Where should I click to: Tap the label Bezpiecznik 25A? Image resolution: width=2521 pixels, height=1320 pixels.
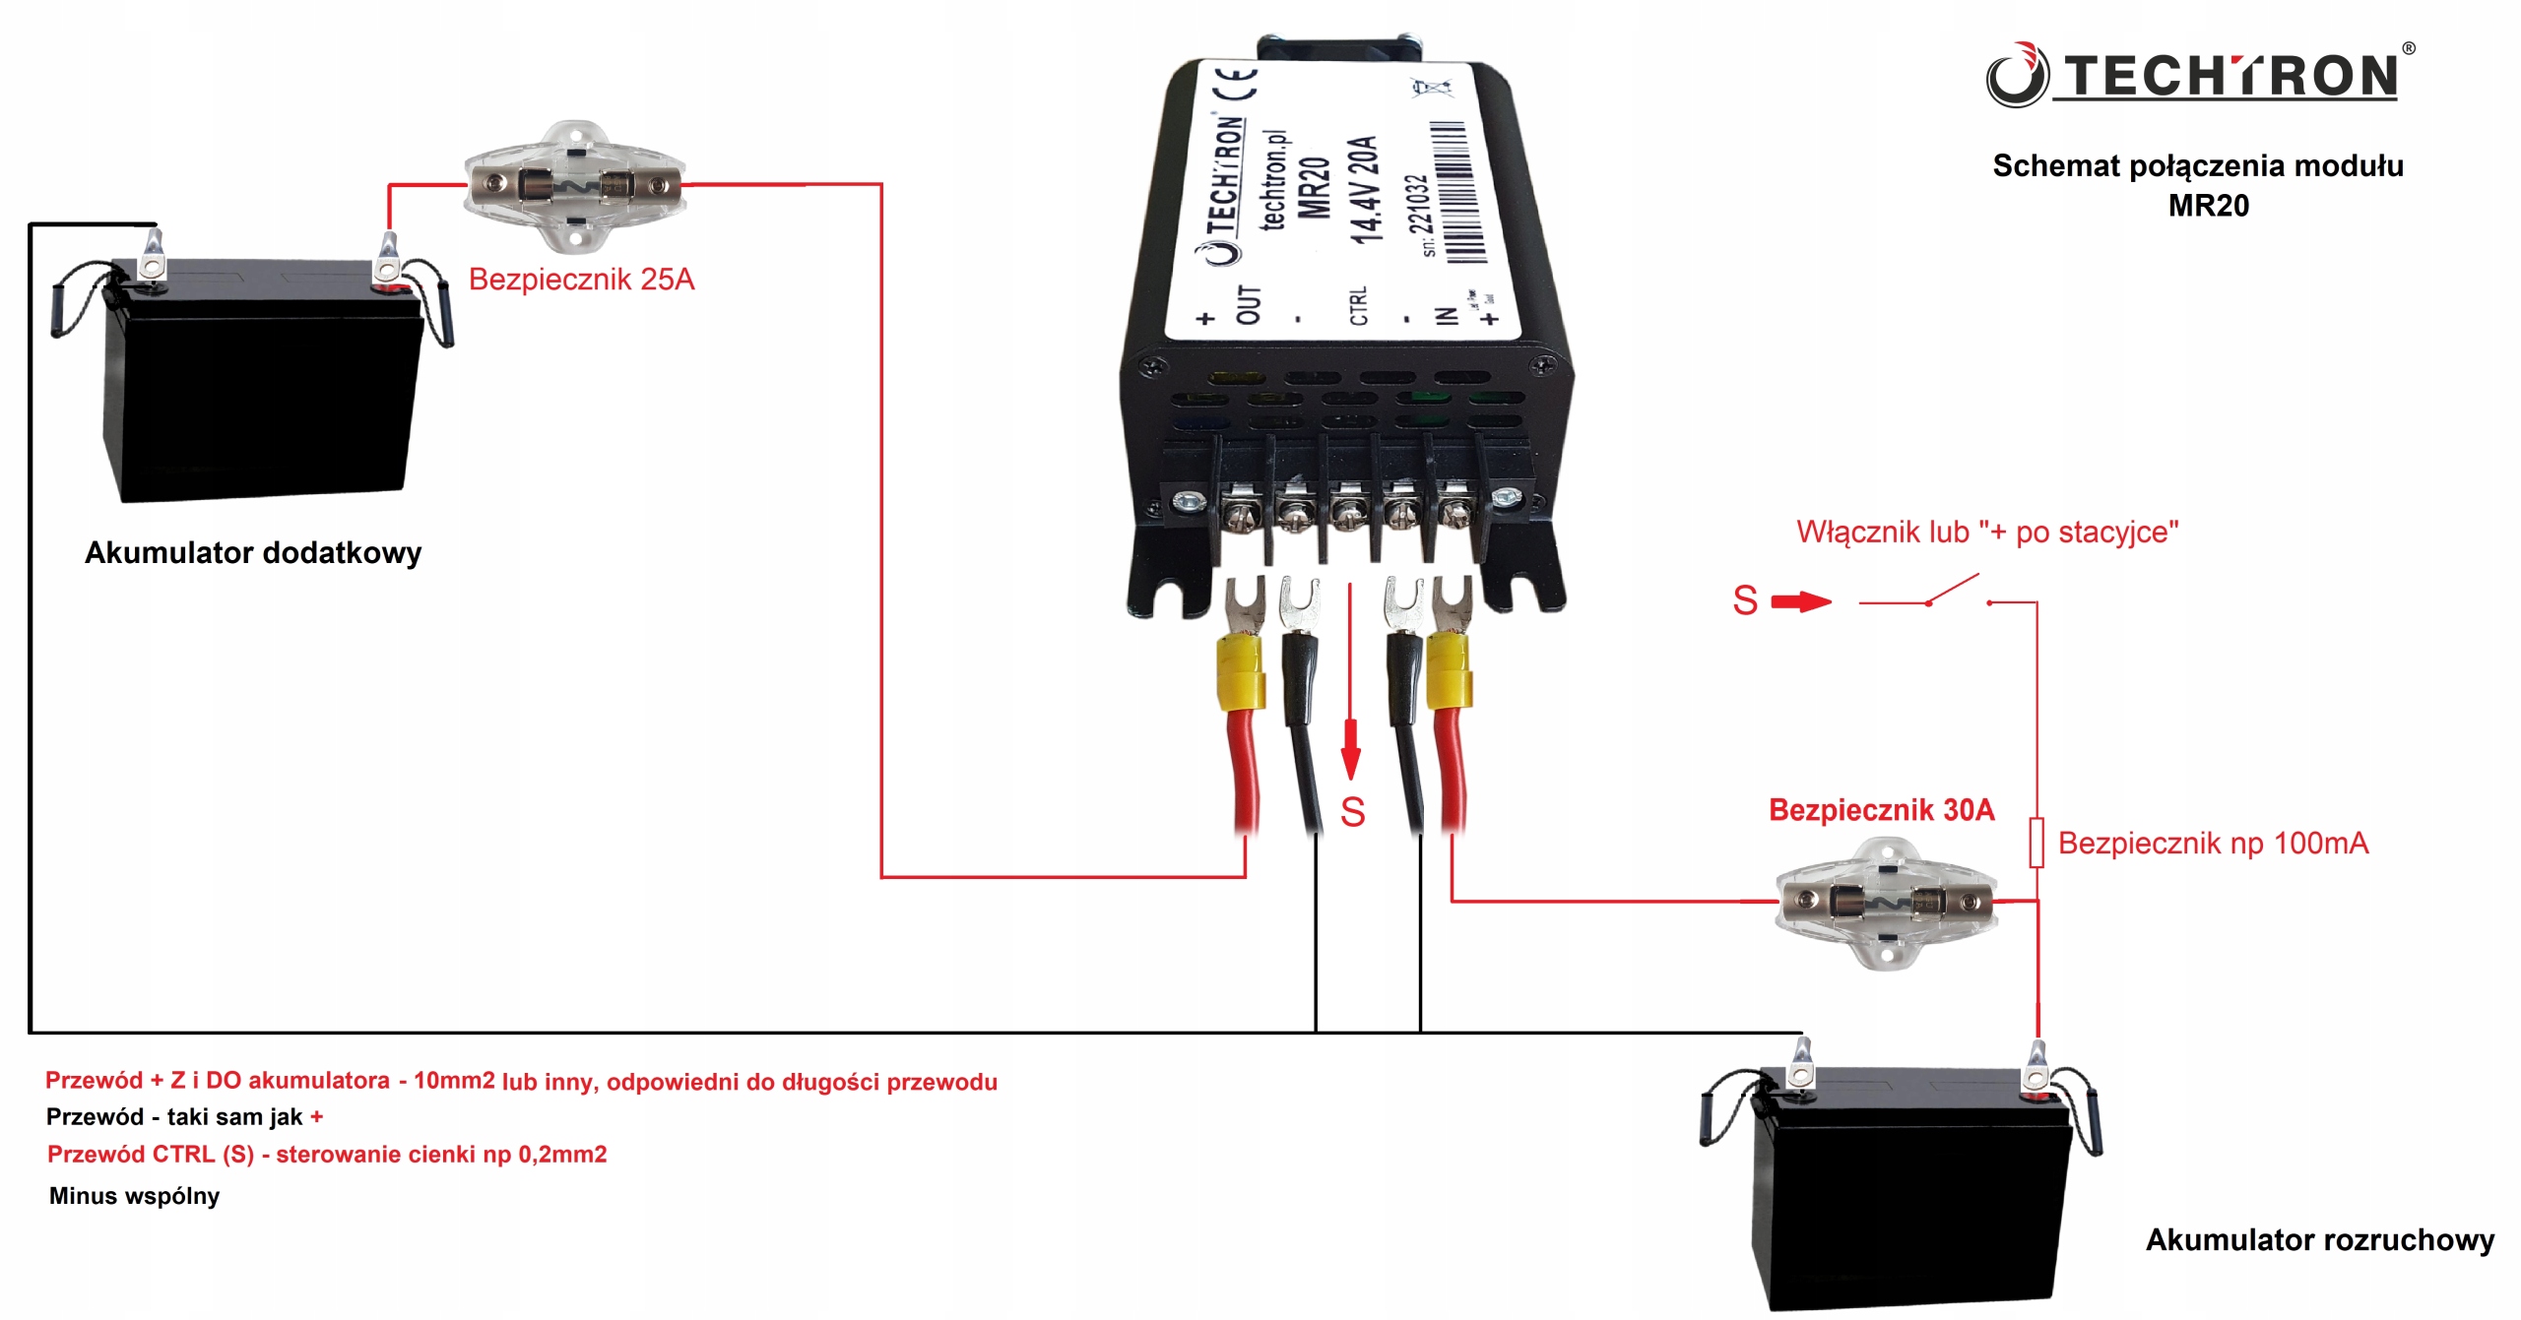tap(581, 280)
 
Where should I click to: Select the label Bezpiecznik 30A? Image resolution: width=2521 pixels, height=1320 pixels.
tap(1881, 810)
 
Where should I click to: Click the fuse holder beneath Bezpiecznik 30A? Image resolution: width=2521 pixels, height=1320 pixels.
tap(1886, 902)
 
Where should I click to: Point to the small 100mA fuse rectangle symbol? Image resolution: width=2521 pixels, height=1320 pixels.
tap(2036, 843)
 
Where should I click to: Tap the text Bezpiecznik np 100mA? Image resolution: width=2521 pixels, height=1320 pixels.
tap(2213, 844)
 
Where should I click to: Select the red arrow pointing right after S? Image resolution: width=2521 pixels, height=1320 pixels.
tap(1801, 601)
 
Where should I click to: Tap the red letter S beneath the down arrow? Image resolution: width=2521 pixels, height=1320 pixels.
tap(1352, 813)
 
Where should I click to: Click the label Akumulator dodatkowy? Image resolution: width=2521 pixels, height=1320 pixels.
tap(253, 553)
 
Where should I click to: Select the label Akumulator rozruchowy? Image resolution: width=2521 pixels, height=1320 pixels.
tap(2319, 1240)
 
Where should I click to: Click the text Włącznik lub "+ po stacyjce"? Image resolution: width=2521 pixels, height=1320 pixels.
tap(1987, 533)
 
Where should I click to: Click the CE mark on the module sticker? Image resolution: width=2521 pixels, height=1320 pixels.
tap(1237, 83)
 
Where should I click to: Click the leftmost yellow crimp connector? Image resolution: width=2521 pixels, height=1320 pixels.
tap(1241, 673)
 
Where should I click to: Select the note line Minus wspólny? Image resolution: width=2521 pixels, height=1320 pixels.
tap(135, 1196)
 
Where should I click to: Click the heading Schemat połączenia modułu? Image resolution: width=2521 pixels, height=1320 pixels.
tap(2197, 166)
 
